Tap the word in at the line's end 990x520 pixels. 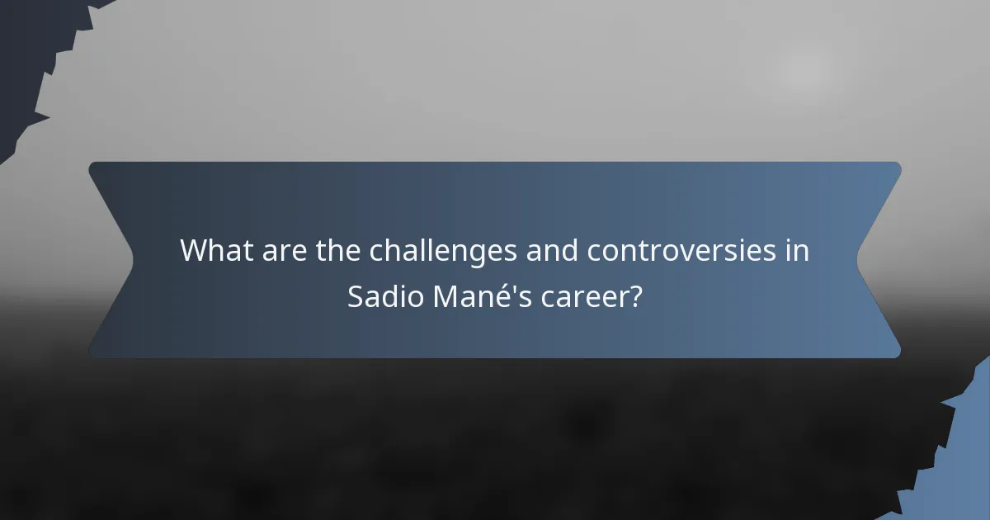(797, 250)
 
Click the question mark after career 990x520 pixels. (635, 296)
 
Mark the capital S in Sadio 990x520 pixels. (355, 296)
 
